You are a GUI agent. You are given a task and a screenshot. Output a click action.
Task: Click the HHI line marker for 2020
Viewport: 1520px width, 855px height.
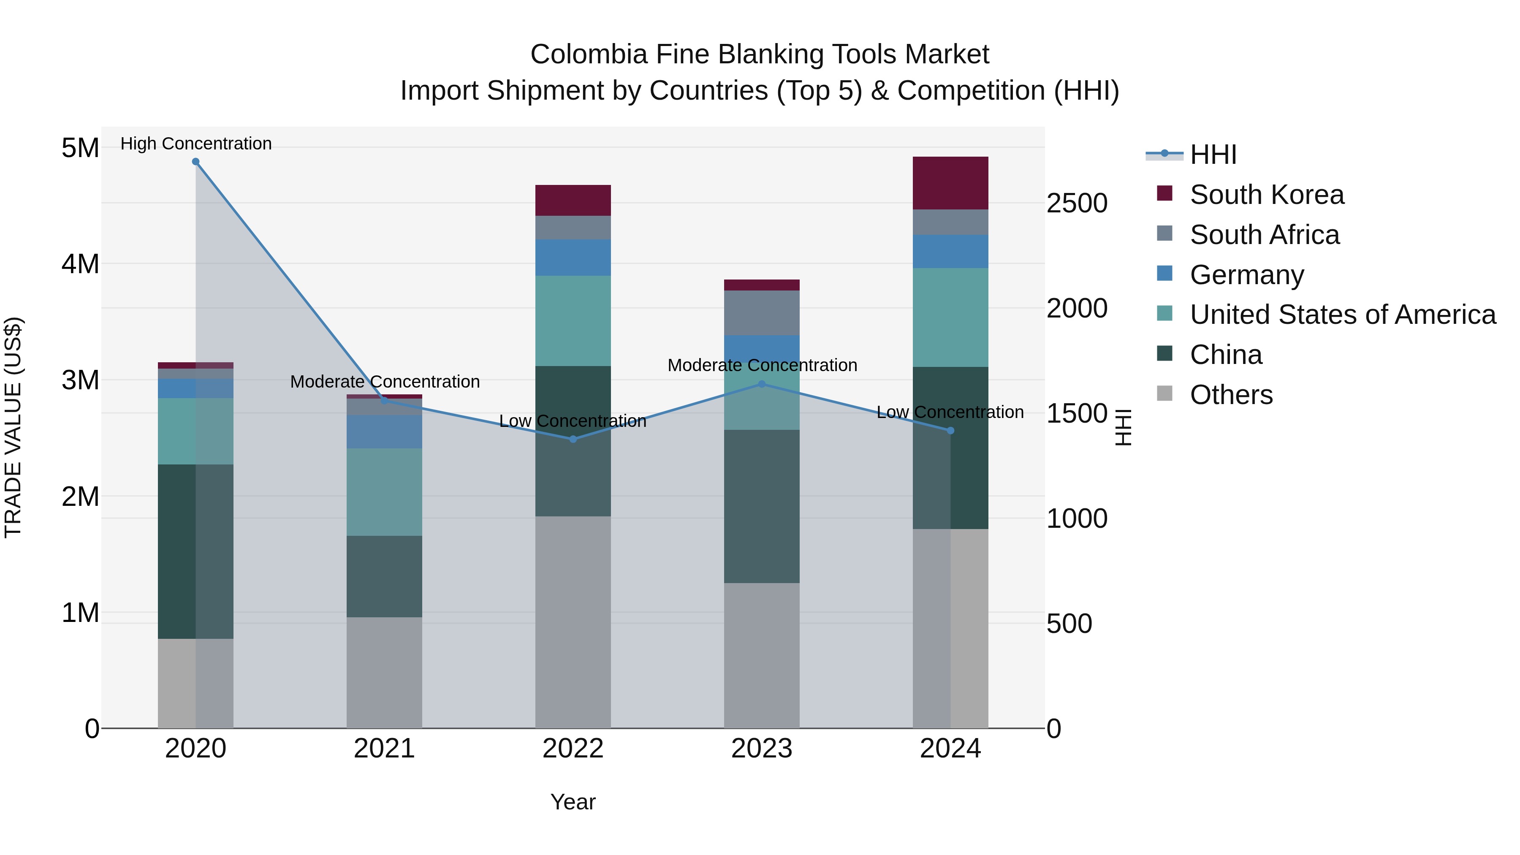(196, 162)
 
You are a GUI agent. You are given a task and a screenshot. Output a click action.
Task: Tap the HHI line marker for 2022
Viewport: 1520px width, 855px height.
(573, 439)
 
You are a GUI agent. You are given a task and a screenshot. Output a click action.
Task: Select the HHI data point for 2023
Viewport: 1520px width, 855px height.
(761, 384)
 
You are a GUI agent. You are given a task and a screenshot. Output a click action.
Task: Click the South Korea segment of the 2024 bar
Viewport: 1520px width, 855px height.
(950, 183)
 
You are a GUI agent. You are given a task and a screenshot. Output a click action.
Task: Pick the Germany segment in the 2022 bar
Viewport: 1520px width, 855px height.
(573, 257)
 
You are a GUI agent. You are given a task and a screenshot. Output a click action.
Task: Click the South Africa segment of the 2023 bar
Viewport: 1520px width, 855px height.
(761, 313)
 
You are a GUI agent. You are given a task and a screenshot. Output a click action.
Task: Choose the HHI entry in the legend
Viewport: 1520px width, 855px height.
(1213, 155)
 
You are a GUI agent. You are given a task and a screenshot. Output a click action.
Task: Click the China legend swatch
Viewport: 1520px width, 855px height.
(1165, 354)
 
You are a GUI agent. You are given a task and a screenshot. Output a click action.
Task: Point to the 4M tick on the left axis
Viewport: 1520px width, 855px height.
(80, 264)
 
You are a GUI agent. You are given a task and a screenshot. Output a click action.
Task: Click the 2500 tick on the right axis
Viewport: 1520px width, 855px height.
(1077, 204)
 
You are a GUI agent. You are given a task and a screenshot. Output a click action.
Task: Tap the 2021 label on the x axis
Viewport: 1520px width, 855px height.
(384, 749)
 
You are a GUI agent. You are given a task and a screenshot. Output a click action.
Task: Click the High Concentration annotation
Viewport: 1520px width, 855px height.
(196, 144)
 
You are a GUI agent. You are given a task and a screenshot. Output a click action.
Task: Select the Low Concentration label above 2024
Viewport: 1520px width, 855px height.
(950, 412)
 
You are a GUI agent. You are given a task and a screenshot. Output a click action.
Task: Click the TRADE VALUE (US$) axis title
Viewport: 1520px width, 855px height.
(13, 427)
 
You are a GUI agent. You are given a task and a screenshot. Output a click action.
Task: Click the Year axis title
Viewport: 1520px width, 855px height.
(573, 802)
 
